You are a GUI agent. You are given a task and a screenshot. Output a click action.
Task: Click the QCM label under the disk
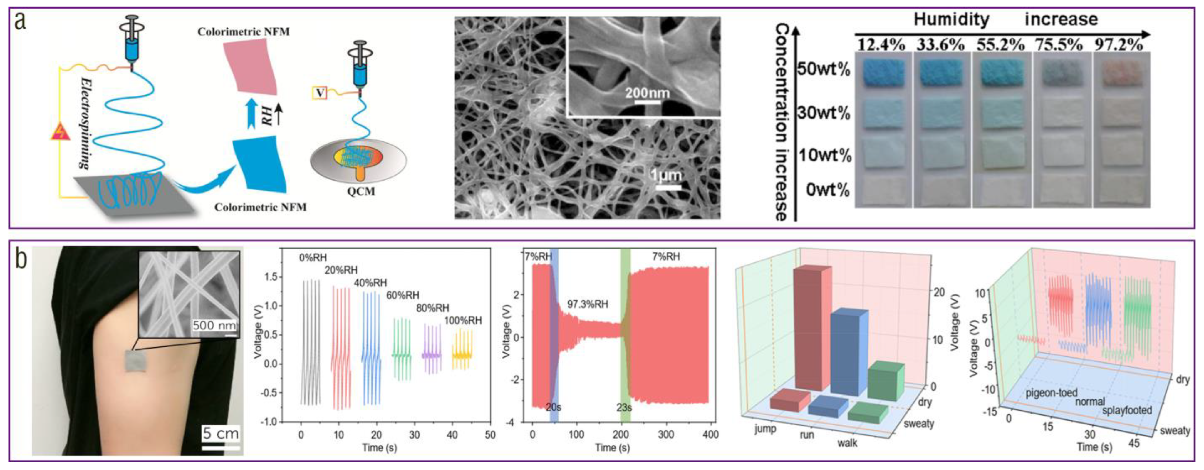coord(361,191)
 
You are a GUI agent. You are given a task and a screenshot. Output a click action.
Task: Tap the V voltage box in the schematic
coord(320,93)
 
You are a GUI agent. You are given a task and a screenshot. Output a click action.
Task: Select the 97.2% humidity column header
coord(1119,45)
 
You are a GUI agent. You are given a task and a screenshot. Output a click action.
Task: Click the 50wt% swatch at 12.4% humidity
coord(883,72)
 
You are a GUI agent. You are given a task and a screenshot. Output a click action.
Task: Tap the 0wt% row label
coord(827,190)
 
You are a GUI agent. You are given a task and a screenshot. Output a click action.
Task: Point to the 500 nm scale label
coord(214,325)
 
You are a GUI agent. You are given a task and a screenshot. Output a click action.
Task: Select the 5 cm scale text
coord(221,434)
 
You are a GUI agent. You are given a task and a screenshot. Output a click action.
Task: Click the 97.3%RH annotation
coord(588,304)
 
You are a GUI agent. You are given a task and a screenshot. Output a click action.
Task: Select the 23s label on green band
coord(624,407)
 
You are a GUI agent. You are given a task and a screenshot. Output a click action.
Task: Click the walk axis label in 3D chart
coord(847,442)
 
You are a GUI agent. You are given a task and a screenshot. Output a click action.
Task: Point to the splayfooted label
coord(1127,411)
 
